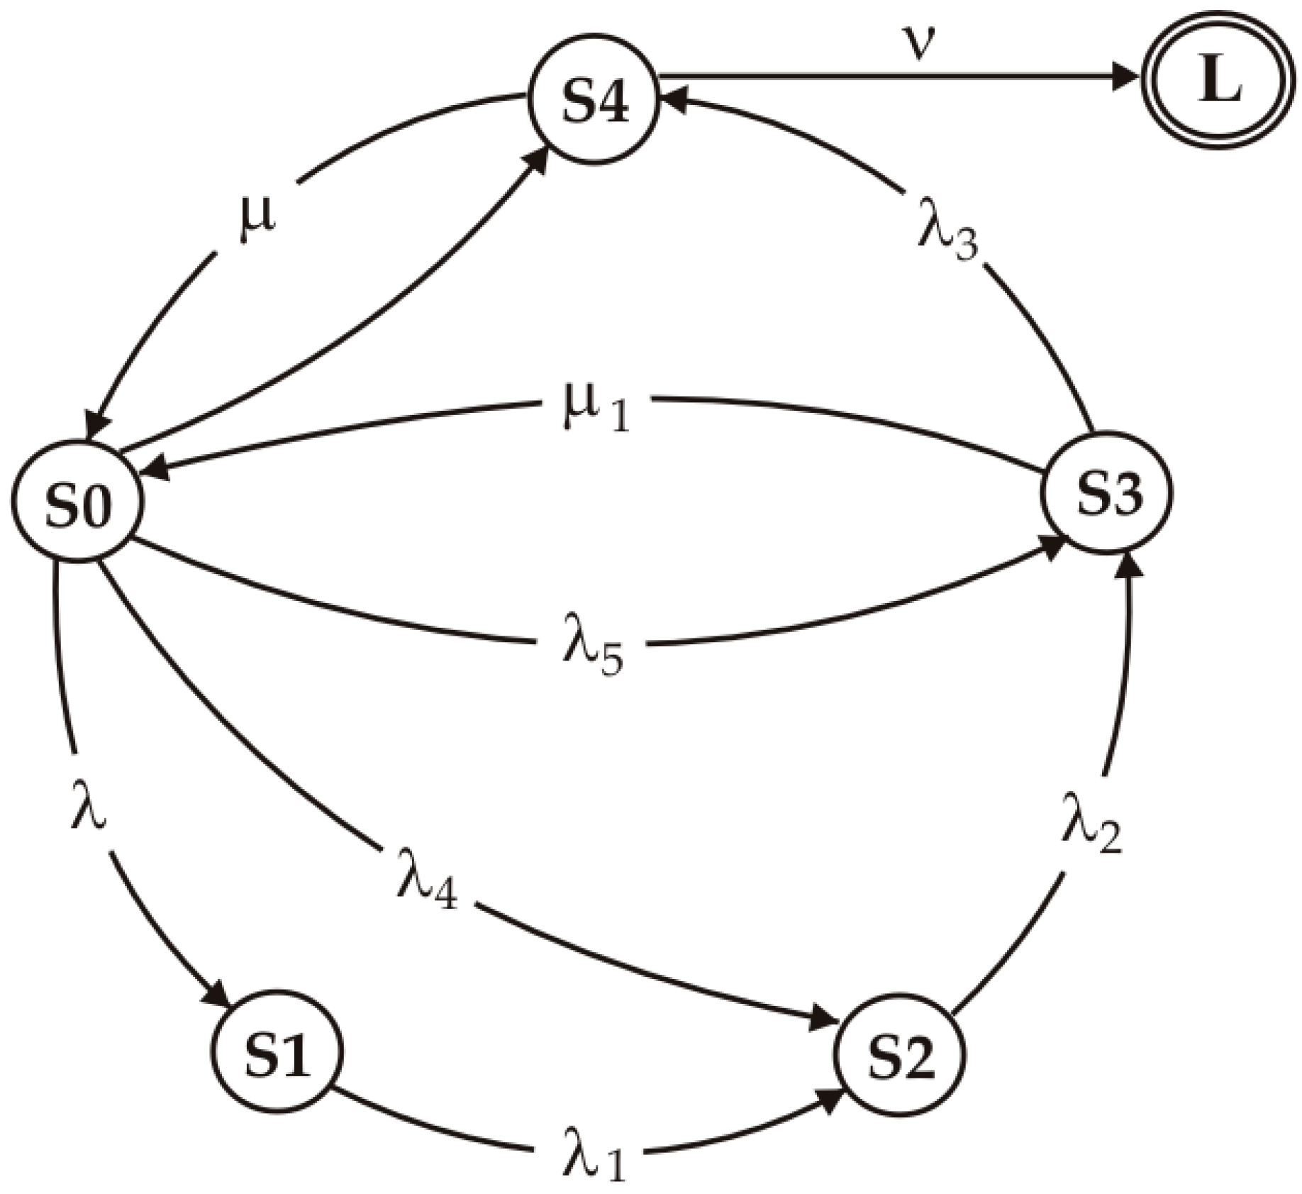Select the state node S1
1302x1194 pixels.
click(x=277, y=1052)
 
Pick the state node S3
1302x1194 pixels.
click(x=1107, y=493)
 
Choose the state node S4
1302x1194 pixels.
click(x=594, y=99)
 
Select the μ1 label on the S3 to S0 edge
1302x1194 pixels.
click(x=594, y=411)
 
